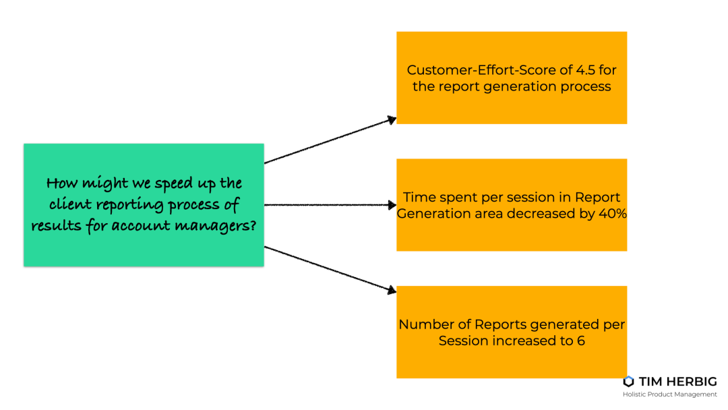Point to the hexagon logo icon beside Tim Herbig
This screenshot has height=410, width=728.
pyautogui.click(x=629, y=382)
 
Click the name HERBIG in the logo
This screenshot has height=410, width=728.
pyautogui.click(x=691, y=382)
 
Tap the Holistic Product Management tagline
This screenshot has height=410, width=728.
pyautogui.click(x=669, y=394)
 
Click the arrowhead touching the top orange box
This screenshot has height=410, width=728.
pyautogui.click(x=392, y=120)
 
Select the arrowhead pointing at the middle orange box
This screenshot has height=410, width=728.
pyautogui.click(x=392, y=205)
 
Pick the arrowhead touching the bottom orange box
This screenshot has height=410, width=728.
pyautogui.click(x=392, y=290)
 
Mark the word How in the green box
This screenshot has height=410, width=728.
pyautogui.click(x=62, y=183)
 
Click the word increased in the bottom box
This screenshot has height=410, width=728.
pyautogui.click(x=524, y=341)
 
